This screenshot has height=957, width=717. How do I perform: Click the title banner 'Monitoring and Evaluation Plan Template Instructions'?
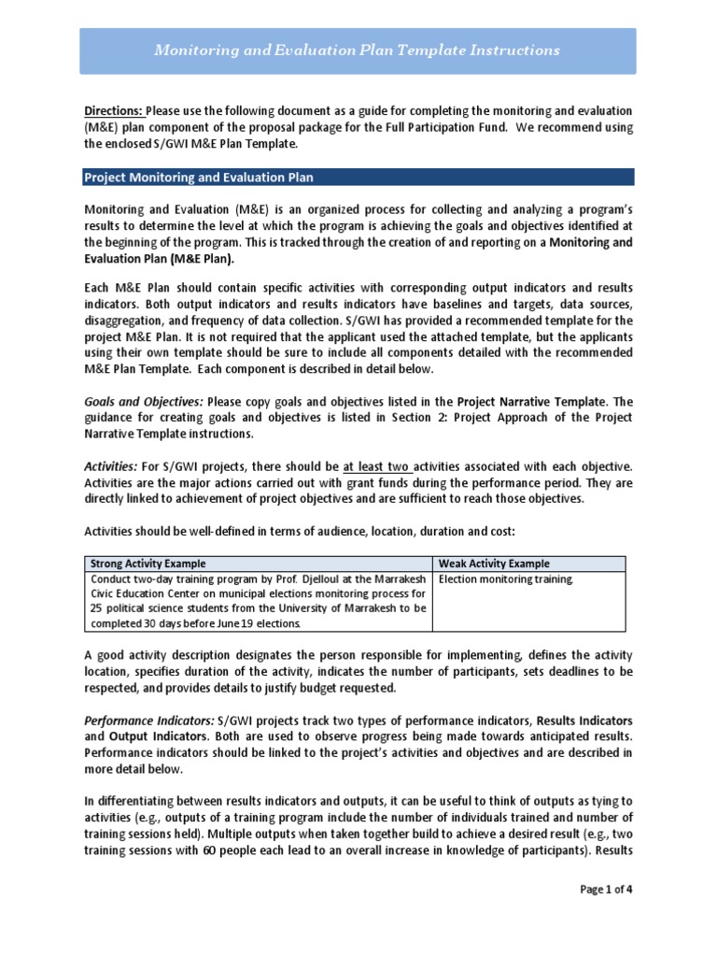(x=358, y=50)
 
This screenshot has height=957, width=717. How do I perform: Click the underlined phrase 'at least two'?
(x=376, y=465)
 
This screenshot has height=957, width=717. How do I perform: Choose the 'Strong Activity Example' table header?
(x=148, y=564)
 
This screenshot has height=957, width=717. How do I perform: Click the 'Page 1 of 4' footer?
(x=606, y=889)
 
